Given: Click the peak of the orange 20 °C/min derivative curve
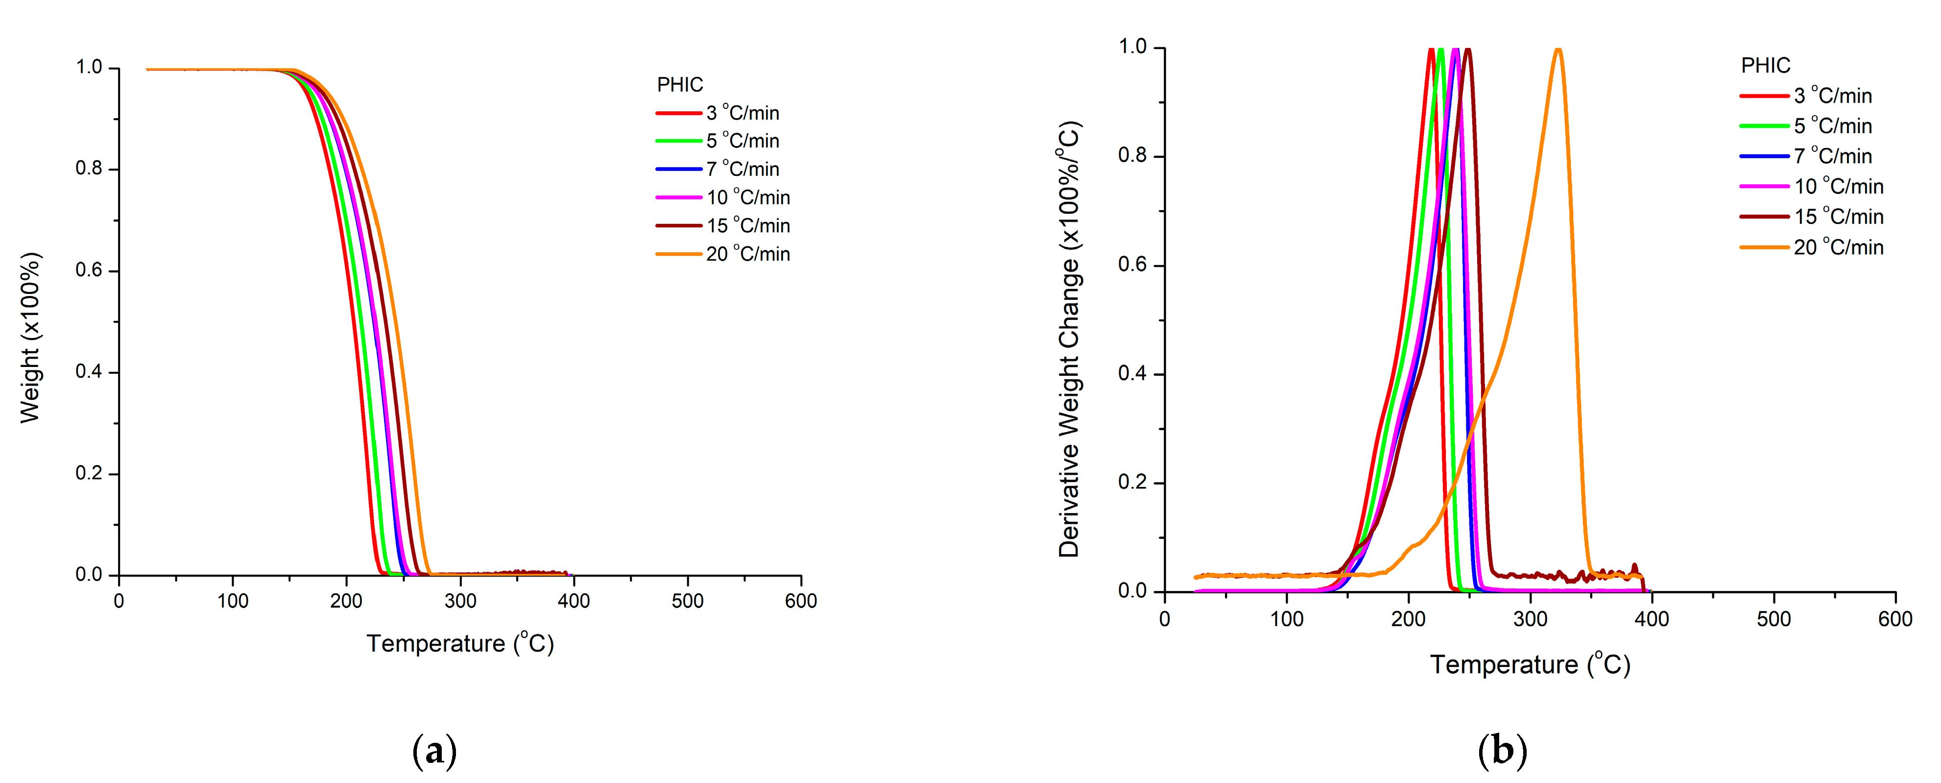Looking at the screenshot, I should coord(1558,50).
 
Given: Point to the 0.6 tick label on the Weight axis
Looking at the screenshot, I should coord(89,270).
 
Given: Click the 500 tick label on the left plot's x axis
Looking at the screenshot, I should coord(687,601).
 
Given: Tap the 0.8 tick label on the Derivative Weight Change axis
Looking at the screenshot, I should coord(1132,156).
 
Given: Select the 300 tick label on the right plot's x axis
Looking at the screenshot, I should coord(1530,619).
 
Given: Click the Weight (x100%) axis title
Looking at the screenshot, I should coord(30,338).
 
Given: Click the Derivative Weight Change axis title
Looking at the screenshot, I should coord(1069,339).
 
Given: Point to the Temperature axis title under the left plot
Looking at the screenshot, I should coord(459,643).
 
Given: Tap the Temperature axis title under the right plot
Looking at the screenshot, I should coord(1530,665).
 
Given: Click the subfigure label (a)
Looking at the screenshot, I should coord(435,751).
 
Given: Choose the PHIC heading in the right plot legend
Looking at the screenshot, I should coord(1765,66).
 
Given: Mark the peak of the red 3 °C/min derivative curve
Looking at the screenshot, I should coord(1431,50).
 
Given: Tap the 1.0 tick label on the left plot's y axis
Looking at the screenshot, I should coord(89,68).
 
